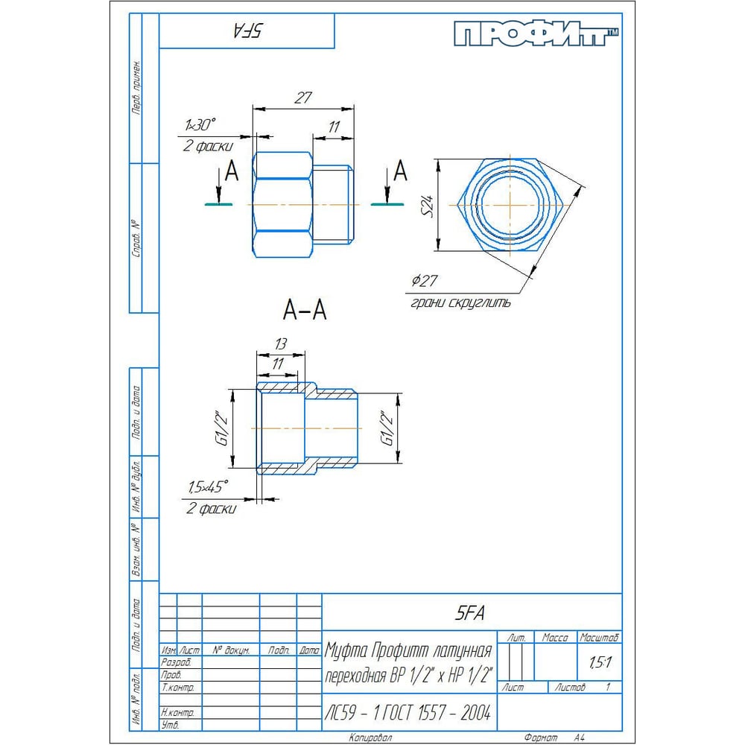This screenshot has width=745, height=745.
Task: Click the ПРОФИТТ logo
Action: [x=536, y=34]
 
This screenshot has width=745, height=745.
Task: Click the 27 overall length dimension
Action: [x=302, y=98]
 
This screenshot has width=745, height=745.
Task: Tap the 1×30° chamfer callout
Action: [x=200, y=125]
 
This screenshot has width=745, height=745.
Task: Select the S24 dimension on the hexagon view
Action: [x=428, y=206]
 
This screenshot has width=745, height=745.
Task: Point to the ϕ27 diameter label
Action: [x=425, y=280]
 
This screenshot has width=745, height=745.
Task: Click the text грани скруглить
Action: [x=460, y=302]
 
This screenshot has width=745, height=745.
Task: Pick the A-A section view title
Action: [x=305, y=310]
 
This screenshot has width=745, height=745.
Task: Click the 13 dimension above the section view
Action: [x=280, y=343]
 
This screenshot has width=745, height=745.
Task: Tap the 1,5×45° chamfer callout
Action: [x=208, y=487]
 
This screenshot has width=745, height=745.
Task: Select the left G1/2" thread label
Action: [x=222, y=428]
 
